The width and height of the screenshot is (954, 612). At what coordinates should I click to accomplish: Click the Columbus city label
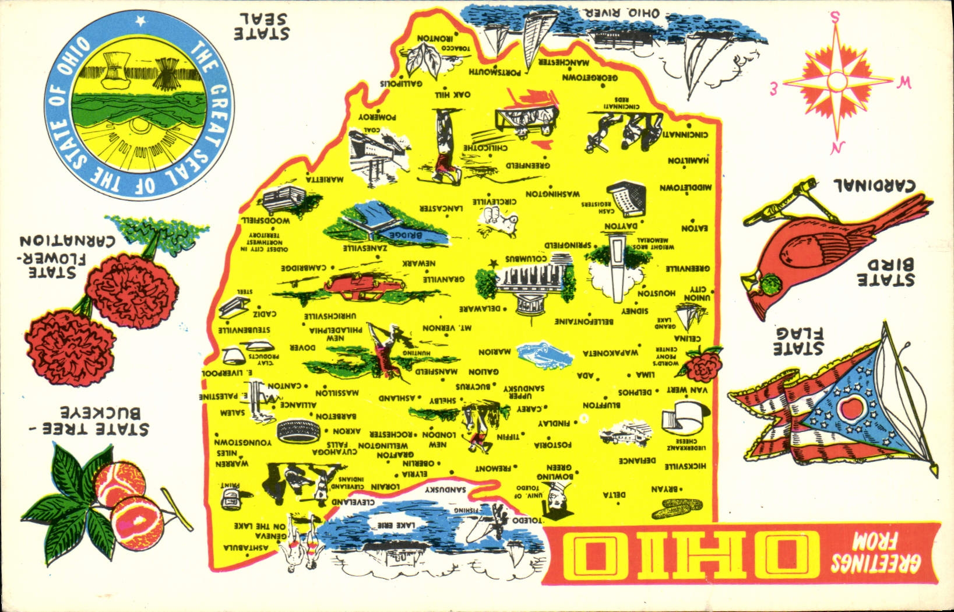coord(526,258)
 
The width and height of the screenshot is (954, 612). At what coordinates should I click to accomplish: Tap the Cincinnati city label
coord(685,135)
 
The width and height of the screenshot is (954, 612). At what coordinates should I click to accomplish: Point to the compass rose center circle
coord(836,82)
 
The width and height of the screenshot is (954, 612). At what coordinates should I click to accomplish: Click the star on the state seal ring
coord(139,22)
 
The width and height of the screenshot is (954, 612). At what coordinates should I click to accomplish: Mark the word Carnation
coord(68,240)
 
